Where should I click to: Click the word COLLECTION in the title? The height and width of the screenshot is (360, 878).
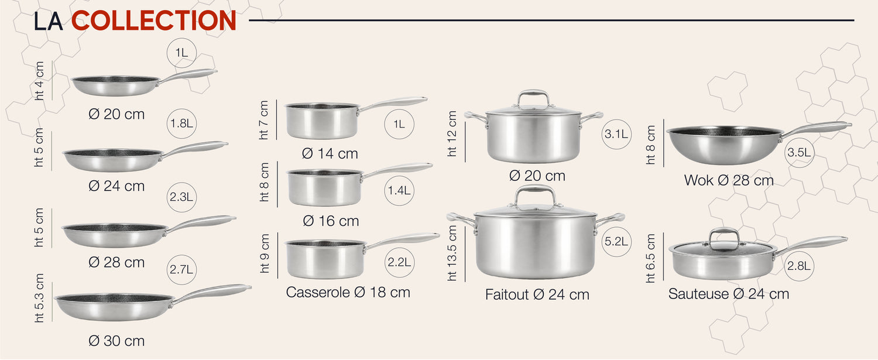click(x=153, y=20)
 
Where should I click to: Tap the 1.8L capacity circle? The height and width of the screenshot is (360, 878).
click(x=181, y=124)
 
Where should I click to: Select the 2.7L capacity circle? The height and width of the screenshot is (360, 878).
click(x=181, y=269)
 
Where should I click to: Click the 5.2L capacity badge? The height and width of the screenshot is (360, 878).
click(x=616, y=242)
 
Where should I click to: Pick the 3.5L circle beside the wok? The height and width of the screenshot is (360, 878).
click(x=799, y=152)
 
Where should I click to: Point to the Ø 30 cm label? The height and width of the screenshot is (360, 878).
click(x=116, y=341)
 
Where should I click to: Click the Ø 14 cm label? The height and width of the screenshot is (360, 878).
click(x=330, y=153)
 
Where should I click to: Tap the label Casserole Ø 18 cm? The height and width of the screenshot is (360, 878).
click(x=348, y=292)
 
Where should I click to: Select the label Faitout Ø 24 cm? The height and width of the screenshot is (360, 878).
click(x=537, y=294)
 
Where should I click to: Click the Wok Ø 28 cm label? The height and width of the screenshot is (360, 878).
click(x=729, y=180)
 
